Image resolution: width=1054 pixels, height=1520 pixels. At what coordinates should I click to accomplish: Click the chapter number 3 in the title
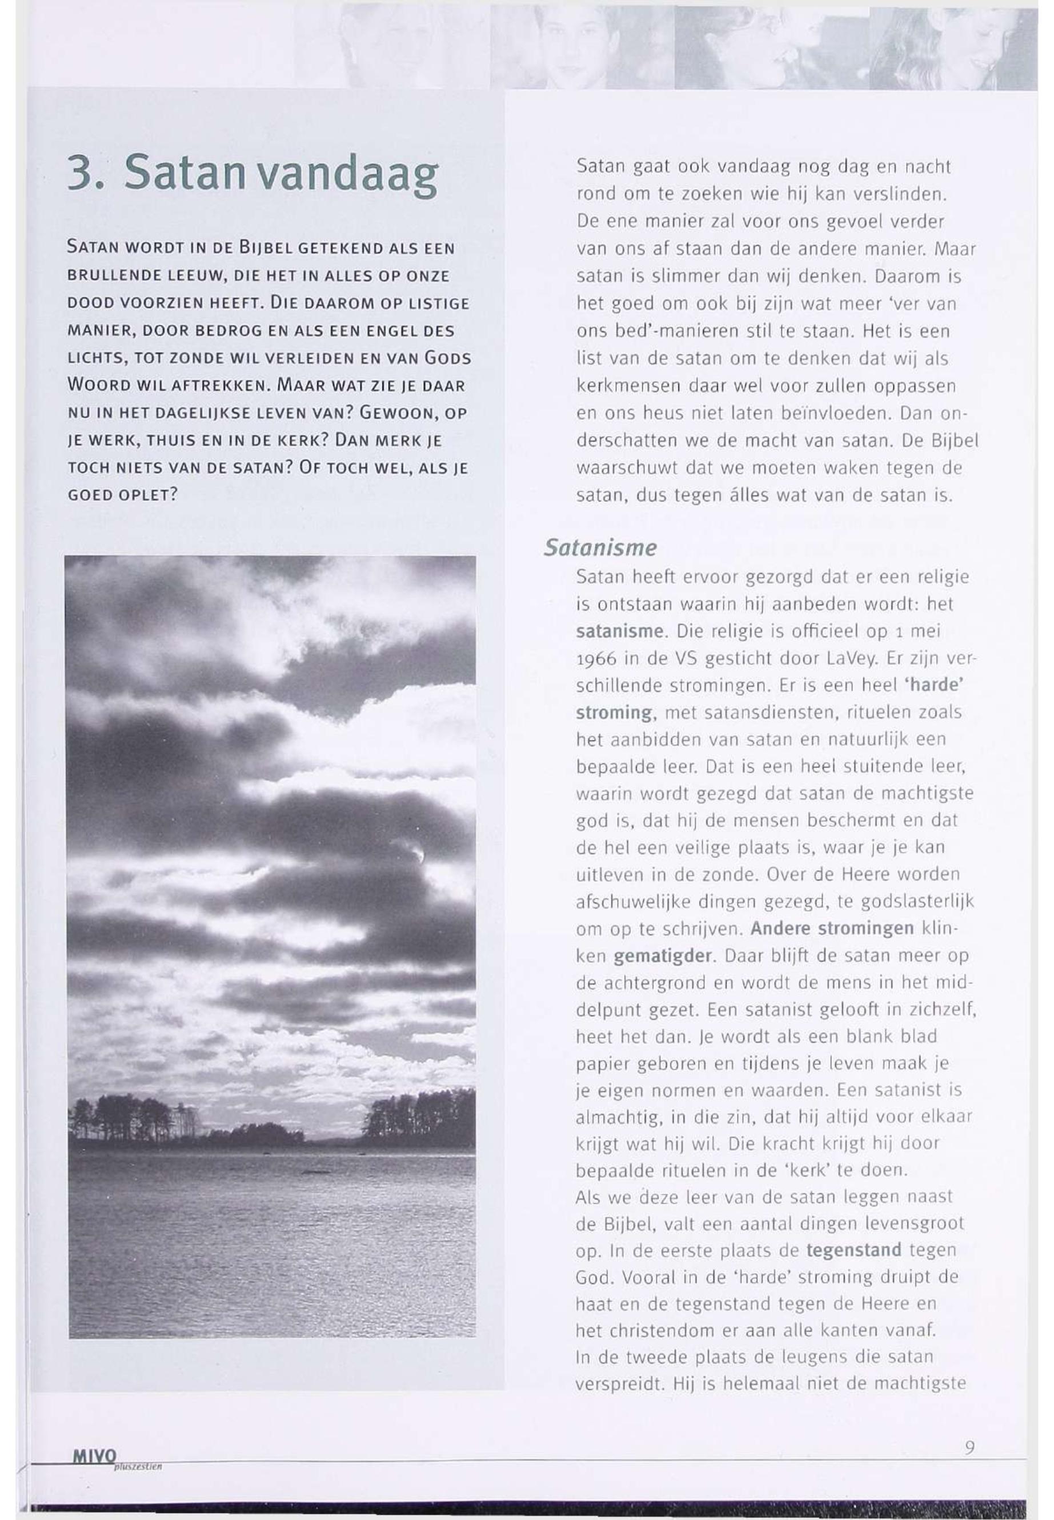tap(81, 173)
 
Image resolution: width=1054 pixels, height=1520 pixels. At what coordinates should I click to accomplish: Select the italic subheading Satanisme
tap(600, 547)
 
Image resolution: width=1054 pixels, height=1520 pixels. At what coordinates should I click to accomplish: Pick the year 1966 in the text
tap(594, 659)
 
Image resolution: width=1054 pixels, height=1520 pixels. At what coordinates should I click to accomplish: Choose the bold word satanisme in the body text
tap(618, 631)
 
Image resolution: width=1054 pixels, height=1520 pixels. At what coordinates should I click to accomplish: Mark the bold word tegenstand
tap(853, 1250)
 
